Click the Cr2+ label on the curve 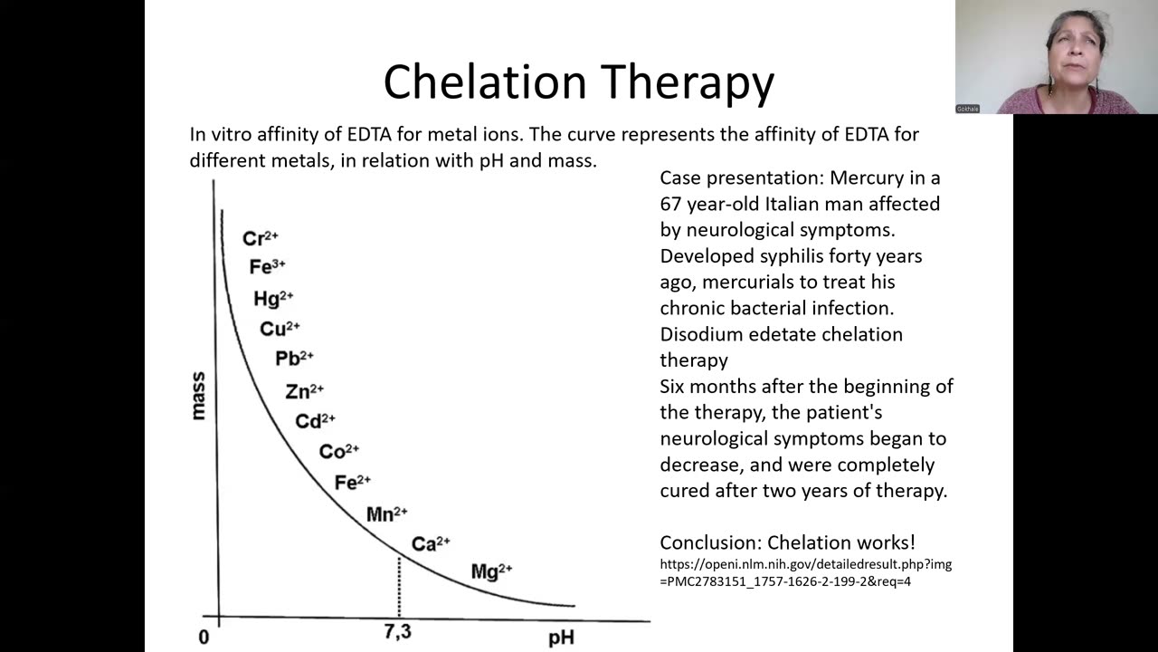260,239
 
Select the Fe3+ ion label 267,267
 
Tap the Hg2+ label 273,299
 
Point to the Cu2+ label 280,329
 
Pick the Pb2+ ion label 294,359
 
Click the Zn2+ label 304,391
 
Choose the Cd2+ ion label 315,421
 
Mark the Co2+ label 338,451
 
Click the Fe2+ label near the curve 352,483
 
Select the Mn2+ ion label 386,514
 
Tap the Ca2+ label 431,544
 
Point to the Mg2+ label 491,571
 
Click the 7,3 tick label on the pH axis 398,632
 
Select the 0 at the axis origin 204,638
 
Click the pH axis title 561,638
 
